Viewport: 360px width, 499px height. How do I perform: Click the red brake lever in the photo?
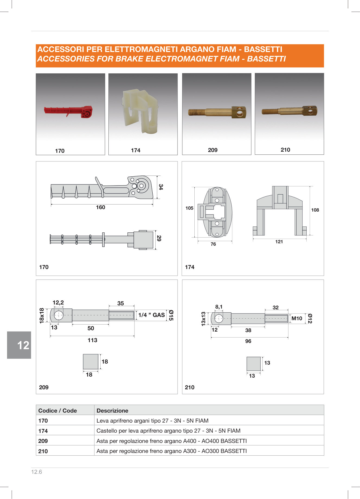coord(68,111)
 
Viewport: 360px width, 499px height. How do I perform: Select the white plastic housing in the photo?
coord(140,111)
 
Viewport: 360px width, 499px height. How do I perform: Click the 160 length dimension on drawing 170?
coord(101,207)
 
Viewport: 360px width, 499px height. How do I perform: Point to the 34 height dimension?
coord(161,187)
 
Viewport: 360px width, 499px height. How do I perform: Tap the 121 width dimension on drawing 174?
coord(279,242)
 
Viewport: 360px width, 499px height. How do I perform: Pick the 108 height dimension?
coord(315,210)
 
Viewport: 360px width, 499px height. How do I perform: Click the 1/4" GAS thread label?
coord(152,315)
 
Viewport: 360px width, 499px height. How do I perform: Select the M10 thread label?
coord(297,319)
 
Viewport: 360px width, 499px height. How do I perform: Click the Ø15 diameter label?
coord(171,315)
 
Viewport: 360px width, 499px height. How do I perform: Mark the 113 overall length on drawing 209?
coord(92,340)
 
